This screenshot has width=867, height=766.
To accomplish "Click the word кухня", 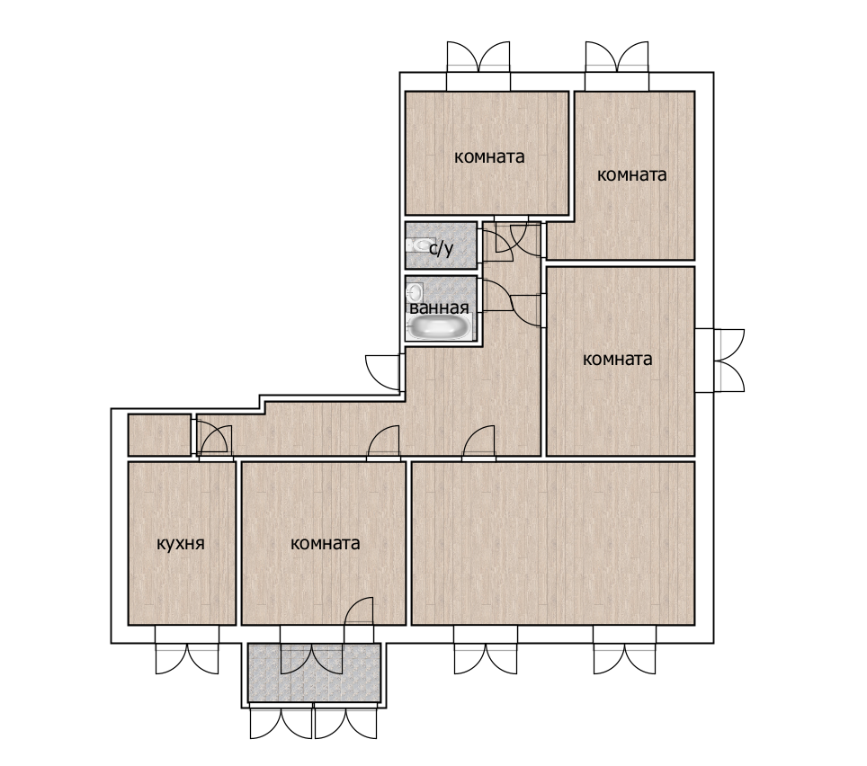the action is (181, 544).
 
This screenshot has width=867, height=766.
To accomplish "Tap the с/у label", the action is (442, 249).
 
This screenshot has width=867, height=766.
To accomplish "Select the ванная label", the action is (439, 307).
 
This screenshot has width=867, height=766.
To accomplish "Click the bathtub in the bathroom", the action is (440, 326).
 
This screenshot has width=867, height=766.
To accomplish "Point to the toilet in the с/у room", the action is (419, 245).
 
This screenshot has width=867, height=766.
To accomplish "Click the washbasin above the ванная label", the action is (416, 291).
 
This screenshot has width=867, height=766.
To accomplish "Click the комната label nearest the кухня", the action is (326, 544).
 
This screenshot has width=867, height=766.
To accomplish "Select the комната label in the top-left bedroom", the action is (489, 157).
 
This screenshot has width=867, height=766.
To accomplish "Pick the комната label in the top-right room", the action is (632, 175).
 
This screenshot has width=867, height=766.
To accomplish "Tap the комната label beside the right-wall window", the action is (618, 360).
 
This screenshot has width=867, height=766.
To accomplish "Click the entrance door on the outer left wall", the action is (382, 371).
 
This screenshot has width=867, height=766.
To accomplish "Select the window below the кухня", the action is (187, 650).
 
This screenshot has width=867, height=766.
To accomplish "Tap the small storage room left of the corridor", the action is (160, 435).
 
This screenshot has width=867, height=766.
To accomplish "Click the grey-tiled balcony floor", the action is (314, 672).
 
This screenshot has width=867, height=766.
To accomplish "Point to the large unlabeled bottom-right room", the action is (553, 543).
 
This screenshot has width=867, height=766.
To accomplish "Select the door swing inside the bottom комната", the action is (358, 611).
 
